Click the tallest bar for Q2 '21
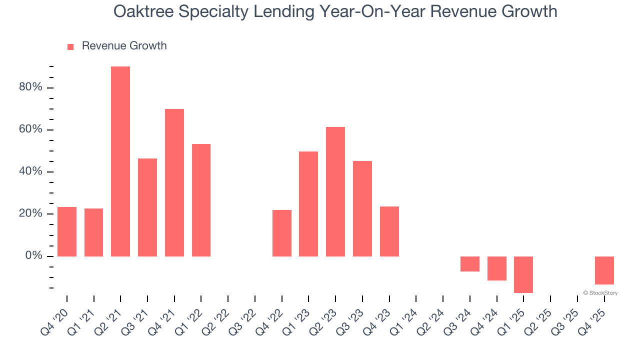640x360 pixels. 120,161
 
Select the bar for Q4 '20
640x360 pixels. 67,231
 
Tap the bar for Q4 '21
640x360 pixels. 174,182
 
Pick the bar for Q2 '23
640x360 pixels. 335,191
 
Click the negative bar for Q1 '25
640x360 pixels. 523,274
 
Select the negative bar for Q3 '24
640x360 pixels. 470,264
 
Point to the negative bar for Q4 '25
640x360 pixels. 604,270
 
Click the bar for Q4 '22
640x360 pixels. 282,233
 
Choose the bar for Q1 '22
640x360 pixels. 201,200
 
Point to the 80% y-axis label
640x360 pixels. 30,87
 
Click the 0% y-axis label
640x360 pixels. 34,256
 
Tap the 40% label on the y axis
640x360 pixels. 30,171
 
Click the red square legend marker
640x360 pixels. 70,46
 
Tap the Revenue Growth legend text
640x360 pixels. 124,46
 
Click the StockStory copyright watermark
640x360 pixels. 600,293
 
